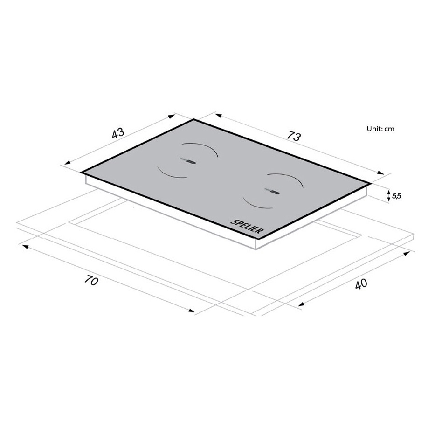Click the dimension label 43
[118, 133]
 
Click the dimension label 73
[294, 136]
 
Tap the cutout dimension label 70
[91, 281]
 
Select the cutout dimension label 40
[361, 283]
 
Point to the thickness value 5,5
[396, 196]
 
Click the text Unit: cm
[380, 129]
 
